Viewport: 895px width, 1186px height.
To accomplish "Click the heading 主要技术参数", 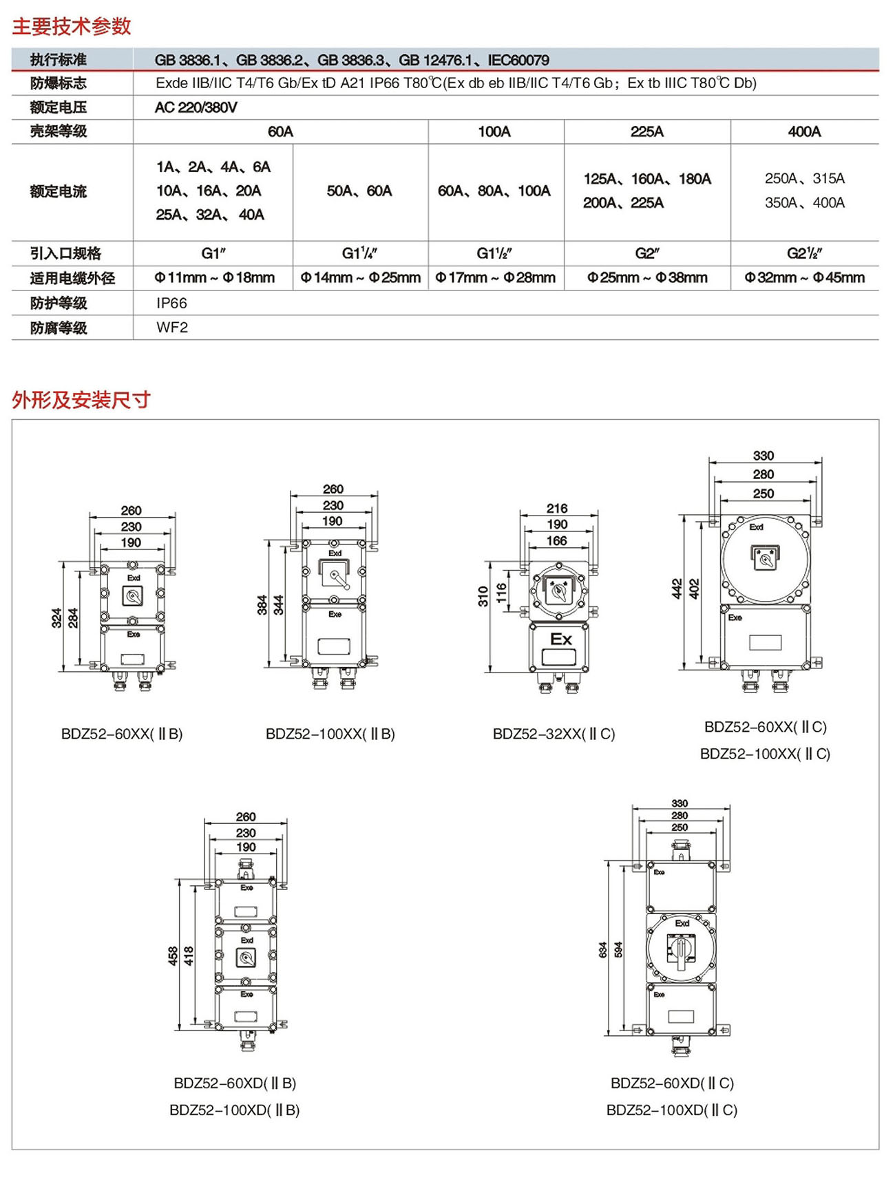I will (x=72, y=26).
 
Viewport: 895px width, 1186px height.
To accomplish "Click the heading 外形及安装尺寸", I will (x=81, y=399).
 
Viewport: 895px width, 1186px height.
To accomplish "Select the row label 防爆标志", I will (x=59, y=83).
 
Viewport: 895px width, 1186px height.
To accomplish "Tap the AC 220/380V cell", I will (x=196, y=107).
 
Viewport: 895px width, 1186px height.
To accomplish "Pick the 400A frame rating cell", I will (x=804, y=131).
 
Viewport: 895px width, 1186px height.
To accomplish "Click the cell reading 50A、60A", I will (x=359, y=191).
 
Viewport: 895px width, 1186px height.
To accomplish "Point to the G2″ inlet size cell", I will (x=647, y=253).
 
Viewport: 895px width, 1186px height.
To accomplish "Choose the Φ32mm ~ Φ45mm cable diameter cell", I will (x=804, y=277).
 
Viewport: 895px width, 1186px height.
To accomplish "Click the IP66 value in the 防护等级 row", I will (x=171, y=303).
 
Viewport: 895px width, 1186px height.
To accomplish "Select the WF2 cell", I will (x=172, y=328).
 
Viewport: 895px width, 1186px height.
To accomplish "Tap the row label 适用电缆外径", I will (x=72, y=278).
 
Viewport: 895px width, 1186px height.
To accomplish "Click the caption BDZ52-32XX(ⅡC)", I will (x=554, y=734).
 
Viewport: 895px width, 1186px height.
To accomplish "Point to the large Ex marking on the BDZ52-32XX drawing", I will (x=560, y=639).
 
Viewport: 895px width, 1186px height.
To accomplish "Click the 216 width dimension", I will (x=557, y=508).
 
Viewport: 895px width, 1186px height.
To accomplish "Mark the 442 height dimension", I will (x=677, y=589).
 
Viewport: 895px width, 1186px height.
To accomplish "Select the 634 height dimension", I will (x=603, y=950).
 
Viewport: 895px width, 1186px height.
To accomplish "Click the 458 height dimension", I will (x=173, y=955).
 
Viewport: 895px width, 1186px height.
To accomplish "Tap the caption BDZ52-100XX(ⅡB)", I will (x=330, y=734).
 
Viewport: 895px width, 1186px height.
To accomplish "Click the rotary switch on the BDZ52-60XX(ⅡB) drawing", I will (x=132, y=595).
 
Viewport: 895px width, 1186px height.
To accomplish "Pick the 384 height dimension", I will (x=262, y=604).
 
